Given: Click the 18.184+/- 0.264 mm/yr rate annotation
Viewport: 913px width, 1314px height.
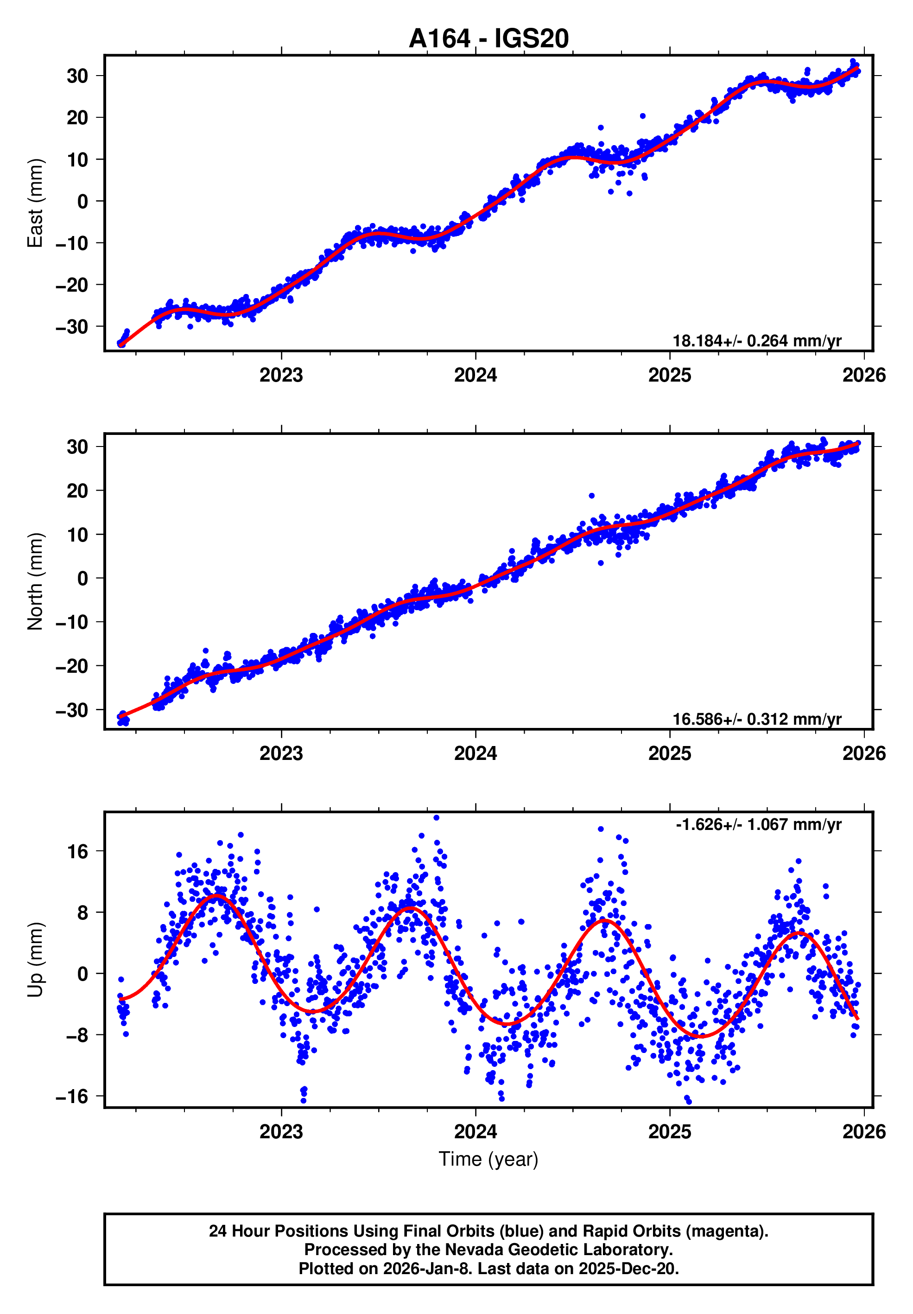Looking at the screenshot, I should click(756, 341).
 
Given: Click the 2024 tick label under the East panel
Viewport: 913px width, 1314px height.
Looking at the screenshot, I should click(476, 376).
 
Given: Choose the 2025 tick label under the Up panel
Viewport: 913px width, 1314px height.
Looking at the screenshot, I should click(669, 1131).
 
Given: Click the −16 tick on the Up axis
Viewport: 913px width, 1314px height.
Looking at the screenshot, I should click(72, 1096).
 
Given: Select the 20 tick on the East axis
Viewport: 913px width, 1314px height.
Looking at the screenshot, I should click(78, 118).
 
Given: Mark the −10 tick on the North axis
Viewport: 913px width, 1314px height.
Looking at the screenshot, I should click(72, 622).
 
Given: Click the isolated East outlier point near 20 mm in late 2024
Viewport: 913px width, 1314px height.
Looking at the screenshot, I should click(642, 116).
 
